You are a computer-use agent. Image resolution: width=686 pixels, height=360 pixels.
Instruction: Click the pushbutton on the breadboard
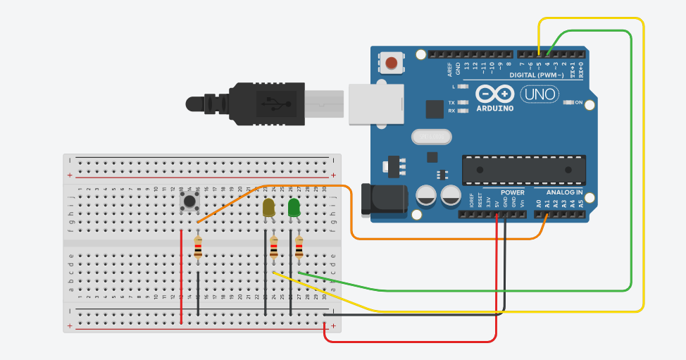[x=189, y=201]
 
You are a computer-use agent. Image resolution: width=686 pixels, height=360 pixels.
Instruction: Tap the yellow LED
[x=269, y=208]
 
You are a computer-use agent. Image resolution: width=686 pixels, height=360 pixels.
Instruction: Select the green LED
[x=294, y=207]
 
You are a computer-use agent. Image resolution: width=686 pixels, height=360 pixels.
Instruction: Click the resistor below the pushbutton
[x=198, y=247]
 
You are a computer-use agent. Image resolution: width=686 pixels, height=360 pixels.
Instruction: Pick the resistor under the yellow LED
[x=274, y=247]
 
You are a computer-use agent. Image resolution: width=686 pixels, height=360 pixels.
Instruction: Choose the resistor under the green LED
[x=299, y=247]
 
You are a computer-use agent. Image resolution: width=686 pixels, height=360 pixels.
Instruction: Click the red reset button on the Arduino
[x=391, y=64]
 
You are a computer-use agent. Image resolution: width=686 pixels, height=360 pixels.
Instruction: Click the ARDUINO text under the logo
[x=495, y=108]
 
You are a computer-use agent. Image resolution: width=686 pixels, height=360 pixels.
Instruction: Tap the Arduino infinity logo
[x=495, y=94]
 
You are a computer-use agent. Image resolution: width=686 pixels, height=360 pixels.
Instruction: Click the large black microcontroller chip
[x=523, y=169]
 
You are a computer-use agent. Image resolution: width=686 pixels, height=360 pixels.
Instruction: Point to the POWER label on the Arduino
[x=513, y=192]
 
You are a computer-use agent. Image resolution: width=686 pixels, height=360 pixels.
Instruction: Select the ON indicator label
[x=579, y=103]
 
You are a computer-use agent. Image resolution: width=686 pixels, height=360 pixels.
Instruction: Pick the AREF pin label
[x=449, y=69]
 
